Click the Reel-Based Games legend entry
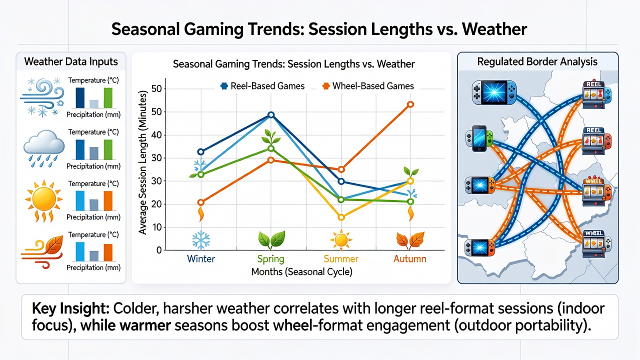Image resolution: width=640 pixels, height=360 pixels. [x=262, y=86]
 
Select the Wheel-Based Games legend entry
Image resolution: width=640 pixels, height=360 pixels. [x=368, y=86]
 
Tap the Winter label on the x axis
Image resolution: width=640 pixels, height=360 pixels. [x=201, y=259]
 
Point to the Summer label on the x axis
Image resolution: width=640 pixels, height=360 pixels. [x=341, y=259]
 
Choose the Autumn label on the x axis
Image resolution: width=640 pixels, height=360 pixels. [x=409, y=259]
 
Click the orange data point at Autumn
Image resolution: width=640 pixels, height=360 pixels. [x=410, y=104]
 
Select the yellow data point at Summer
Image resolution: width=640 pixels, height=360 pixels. [x=341, y=217]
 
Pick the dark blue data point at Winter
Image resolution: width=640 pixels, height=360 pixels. [x=201, y=151]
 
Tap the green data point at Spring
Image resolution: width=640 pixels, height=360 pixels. [x=271, y=148]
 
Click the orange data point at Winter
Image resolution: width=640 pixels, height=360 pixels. [x=201, y=202]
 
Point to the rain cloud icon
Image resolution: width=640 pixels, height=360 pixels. [x=43, y=148]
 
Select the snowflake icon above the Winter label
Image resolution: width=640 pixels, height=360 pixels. [x=201, y=239]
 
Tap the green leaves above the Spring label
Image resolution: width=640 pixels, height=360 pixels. [x=271, y=239]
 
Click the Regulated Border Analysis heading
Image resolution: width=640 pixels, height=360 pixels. [x=537, y=61]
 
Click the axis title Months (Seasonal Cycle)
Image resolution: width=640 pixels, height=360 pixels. [x=301, y=271]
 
